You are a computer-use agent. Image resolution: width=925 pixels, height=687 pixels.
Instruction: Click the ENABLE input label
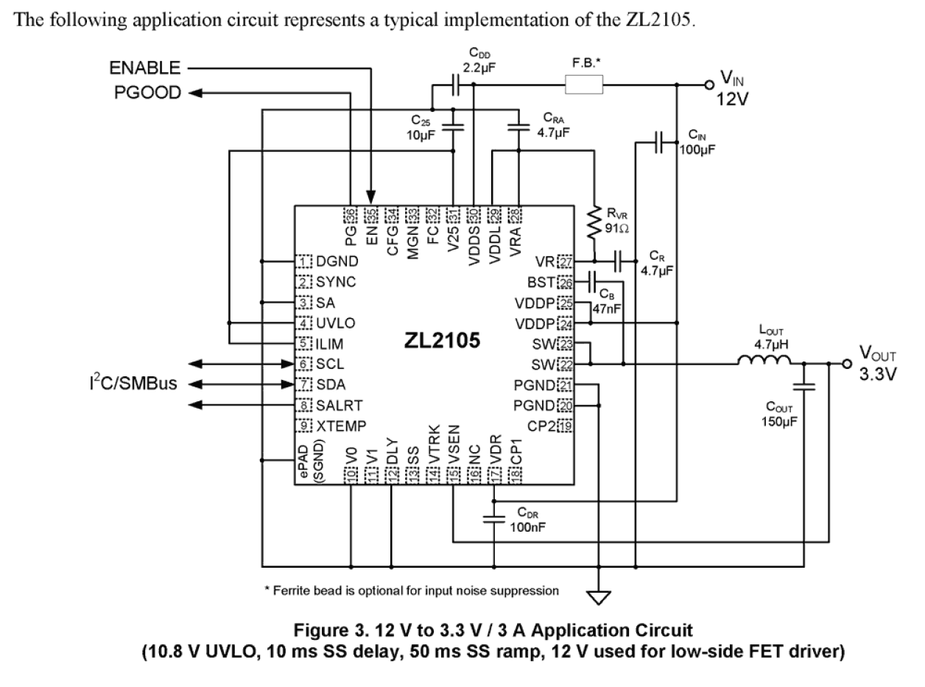click(x=144, y=68)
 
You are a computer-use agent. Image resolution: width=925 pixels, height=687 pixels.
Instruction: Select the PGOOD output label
click(x=148, y=93)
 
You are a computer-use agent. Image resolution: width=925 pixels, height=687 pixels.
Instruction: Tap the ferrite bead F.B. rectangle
click(x=584, y=85)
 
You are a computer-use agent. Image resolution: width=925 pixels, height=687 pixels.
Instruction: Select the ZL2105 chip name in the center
click(x=442, y=341)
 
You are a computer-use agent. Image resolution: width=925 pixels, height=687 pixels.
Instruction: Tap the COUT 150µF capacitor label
click(x=779, y=415)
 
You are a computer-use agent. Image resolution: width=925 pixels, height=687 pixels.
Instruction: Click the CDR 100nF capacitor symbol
click(x=493, y=520)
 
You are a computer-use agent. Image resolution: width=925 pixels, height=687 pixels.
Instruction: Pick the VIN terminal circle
click(x=708, y=85)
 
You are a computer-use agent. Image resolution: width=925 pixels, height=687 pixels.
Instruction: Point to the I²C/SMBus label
click(x=133, y=384)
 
